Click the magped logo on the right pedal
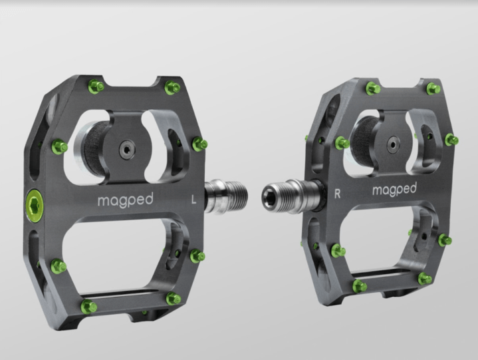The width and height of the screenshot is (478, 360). pyautogui.click(x=394, y=190)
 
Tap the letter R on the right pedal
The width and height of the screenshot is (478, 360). pyautogui.click(x=338, y=194)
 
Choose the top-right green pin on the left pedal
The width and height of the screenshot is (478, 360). pyautogui.click(x=172, y=87)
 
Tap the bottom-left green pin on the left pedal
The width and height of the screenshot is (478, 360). pyautogui.click(x=88, y=307)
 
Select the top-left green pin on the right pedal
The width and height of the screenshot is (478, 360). pyautogui.click(x=372, y=88)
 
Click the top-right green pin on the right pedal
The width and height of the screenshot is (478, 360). pyautogui.click(x=433, y=88)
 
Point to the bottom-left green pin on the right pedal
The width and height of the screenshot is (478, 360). pyautogui.click(x=360, y=286)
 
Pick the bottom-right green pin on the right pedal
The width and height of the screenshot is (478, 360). pyautogui.click(x=424, y=279)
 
